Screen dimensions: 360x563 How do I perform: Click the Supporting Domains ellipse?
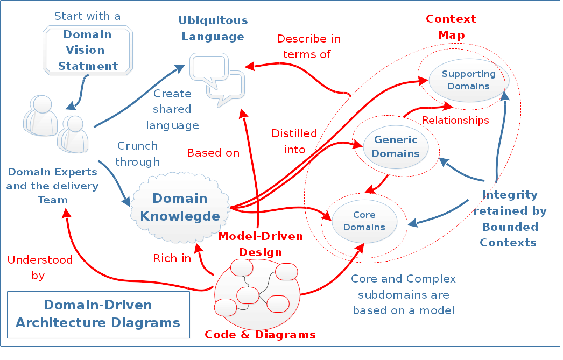(x=468, y=80)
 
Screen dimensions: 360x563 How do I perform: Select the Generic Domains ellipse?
(x=396, y=146)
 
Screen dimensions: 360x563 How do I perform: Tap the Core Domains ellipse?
(x=364, y=221)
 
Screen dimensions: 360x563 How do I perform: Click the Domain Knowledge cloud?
(x=180, y=208)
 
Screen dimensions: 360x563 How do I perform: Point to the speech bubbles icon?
(x=218, y=79)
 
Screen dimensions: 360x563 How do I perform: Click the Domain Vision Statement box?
(x=88, y=50)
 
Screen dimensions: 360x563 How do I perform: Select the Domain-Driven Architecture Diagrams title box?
(x=98, y=314)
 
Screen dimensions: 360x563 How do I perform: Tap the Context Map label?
(x=451, y=27)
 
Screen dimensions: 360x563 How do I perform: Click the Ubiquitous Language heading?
(x=213, y=29)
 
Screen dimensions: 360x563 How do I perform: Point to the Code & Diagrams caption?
(x=260, y=335)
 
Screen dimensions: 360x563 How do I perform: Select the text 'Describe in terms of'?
(x=308, y=46)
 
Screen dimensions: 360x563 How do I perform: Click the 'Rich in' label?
(x=172, y=258)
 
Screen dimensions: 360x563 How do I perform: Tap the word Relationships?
(x=455, y=120)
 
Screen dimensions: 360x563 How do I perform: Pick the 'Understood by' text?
(x=39, y=268)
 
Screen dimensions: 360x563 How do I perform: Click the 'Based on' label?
(x=213, y=153)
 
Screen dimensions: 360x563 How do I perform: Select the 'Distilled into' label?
(x=294, y=142)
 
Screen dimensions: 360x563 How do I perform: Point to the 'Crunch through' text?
(x=137, y=153)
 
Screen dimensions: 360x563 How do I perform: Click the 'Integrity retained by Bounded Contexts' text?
(x=509, y=218)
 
